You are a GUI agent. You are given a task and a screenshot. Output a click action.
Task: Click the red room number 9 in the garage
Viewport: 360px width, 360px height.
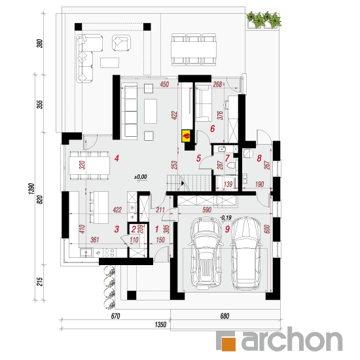(x=227, y=229)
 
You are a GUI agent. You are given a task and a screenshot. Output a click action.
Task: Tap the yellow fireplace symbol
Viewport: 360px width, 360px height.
(x=186, y=135)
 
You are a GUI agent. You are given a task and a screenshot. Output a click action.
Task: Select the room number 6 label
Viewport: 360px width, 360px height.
(x=212, y=128)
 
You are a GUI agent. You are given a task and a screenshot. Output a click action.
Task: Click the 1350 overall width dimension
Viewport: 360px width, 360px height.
(x=160, y=325)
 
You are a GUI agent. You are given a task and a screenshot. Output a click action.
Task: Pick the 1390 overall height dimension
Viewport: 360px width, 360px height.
(x=31, y=189)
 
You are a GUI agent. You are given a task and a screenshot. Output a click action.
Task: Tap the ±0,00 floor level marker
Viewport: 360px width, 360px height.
(x=141, y=177)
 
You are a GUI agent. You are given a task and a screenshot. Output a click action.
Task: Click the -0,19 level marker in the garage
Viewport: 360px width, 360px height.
(x=226, y=218)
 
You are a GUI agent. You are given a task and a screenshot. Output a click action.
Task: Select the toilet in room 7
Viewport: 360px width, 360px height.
(x=231, y=166)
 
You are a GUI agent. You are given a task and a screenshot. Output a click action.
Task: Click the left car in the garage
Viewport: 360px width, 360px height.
(x=206, y=253)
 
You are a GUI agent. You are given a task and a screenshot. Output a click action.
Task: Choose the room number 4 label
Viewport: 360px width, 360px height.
(x=117, y=158)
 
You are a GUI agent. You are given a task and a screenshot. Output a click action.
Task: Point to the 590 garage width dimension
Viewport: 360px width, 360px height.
(x=207, y=210)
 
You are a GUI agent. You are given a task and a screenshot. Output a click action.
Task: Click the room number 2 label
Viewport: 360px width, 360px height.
(x=134, y=229)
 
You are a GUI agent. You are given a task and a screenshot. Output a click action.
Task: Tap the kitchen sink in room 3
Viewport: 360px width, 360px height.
(x=86, y=253)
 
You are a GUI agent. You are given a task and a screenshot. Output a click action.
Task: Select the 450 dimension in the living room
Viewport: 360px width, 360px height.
(x=164, y=84)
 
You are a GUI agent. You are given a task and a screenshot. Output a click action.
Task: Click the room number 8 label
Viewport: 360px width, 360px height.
(x=259, y=158)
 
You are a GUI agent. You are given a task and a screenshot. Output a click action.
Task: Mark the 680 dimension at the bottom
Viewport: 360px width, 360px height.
(x=225, y=316)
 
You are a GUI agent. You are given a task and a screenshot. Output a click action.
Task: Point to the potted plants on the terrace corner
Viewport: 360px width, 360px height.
(x=264, y=20)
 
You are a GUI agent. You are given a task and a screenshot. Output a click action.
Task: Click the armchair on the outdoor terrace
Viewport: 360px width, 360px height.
(x=121, y=43)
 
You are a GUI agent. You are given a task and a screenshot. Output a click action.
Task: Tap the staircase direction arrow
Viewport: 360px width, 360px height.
(x=183, y=183)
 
